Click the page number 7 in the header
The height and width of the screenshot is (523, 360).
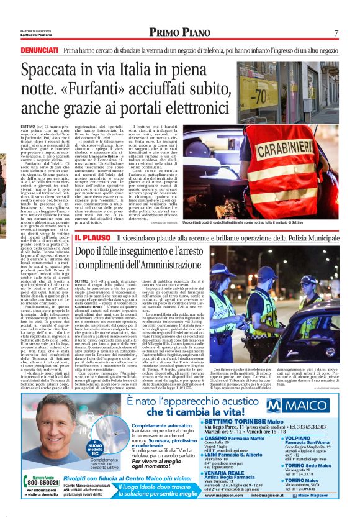335,32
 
